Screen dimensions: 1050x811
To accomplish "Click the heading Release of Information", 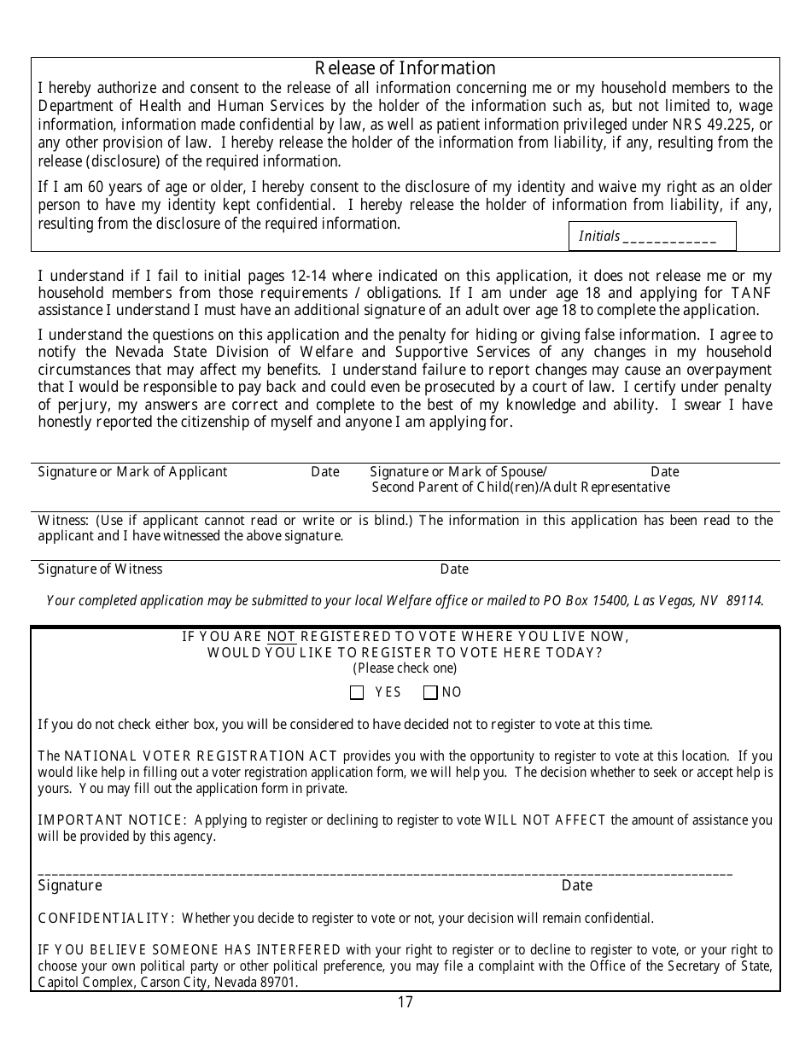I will pyautogui.click(x=405, y=68).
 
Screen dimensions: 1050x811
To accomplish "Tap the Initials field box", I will pyautogui.click(x=652, y=236).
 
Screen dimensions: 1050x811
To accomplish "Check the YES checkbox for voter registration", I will pyautogui.click(x=357, y=692).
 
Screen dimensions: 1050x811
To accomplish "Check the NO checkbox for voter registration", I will pyautogui.click(x=430, y=692).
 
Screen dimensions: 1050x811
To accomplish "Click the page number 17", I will pyautogui.click(x=405, y=1002).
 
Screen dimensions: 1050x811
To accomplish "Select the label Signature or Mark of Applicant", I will pyautogui.click(x=132, y=472).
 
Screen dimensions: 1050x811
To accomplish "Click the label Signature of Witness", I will pyautogui.click(x=100, y=569).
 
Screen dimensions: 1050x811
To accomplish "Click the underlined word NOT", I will pyautogui.click(x=281, y=636).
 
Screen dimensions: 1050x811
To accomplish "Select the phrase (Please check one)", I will pyautogui.click(x=405, y=668).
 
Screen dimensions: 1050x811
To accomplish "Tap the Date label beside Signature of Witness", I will pyautogui.click(x=454, y=569).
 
